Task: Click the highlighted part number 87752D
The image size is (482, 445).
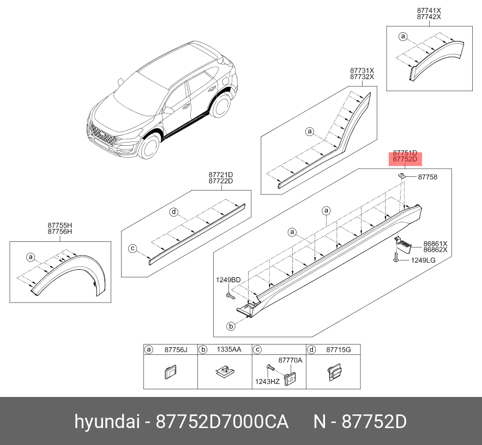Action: coord(405,159)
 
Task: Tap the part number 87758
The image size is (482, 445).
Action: coord(427,177)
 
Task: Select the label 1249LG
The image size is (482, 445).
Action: coord(423,260)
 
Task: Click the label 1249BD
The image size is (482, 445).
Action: coord(228,280)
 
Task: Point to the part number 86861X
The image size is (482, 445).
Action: coord(435,244)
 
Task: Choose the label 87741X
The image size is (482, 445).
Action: coord(429,10)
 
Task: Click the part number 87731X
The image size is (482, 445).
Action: coord(362,71)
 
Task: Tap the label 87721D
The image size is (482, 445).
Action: coord(221,175)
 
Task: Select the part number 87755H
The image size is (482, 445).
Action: coord(59,226)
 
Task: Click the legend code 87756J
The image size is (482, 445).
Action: coord(176,350)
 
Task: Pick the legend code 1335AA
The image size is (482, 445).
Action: coord(229,349)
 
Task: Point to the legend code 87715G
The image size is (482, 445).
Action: coord(339,350)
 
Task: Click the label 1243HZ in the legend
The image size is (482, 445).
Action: coord(267,382)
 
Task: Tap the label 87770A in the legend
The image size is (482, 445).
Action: coord(291,360)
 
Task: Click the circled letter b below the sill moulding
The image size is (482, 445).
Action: coord(231,326)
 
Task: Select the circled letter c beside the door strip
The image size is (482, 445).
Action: coord(132,248)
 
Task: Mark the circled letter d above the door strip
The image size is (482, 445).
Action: coord(174,212)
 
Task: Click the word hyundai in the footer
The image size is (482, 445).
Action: coord(107,422)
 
